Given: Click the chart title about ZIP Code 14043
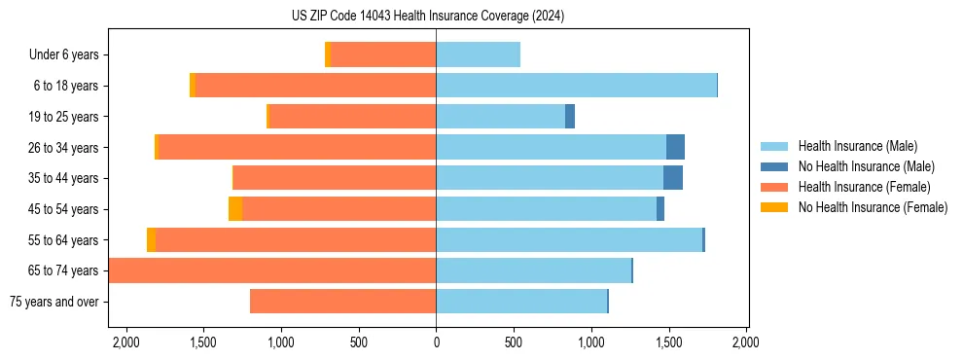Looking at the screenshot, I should point(428,17).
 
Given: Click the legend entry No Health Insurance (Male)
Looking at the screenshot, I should point(866,166).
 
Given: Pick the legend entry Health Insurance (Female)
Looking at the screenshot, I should point(864,187).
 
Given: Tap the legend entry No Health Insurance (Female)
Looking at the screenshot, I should point(873,207).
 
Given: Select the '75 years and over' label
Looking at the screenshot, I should point(53,302).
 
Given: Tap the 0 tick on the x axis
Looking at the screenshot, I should point(436,342).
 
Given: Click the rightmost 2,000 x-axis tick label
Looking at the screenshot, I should point(746,342).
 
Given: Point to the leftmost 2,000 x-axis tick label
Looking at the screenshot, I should point(125,342).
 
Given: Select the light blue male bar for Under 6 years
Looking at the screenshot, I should point(478,54).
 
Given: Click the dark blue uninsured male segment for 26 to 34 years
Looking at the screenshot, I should point(675,147).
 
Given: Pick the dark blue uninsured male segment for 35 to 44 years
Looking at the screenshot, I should point(673,178).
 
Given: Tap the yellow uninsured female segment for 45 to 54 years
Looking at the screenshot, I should point(235,209).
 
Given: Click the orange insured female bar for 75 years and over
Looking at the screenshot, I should point(342,302).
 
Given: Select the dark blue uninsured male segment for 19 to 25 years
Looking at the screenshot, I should point(570,117).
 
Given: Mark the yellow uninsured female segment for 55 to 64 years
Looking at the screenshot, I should point(151,240).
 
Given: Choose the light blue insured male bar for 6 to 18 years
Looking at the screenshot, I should point(576,86).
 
